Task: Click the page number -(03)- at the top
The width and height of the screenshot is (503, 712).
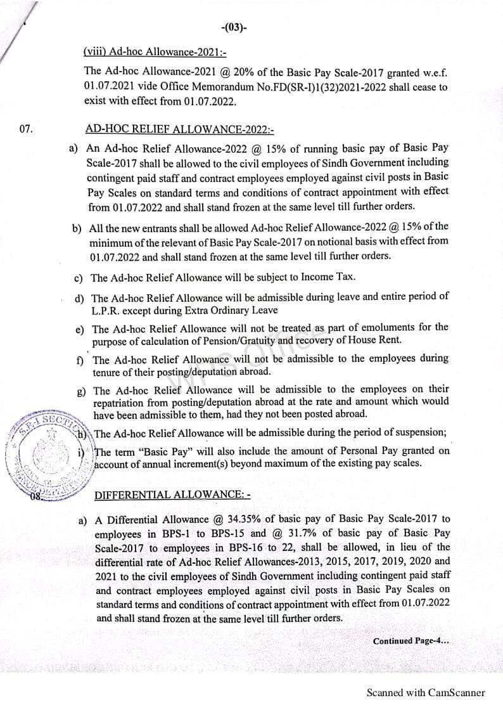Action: (x=234, y=28)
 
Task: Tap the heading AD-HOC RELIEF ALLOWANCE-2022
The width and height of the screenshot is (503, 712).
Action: (x=179, y=129)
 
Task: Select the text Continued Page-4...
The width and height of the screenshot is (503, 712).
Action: (x=411, y=641)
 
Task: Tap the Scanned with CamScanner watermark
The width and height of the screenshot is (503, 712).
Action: (x=426, y=693)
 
